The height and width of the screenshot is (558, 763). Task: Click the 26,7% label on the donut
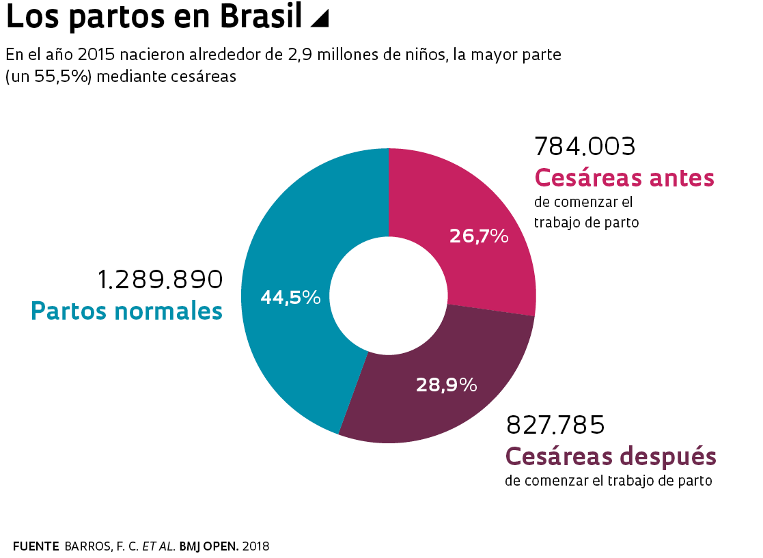tap(479, 236)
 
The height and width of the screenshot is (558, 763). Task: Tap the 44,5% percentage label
tap(290, 297)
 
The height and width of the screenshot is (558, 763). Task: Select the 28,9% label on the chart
tap(446, 385)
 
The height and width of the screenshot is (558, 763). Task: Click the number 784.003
tap(585, 145)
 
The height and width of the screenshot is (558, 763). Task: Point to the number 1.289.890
tap(160, 279)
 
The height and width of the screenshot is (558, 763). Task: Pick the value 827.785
tap(555, 425)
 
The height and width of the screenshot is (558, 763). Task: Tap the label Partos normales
tap(127, 311)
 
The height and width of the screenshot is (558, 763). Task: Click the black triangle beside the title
tap(319, 19)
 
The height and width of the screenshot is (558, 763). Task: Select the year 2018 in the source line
tap(255, 546)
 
